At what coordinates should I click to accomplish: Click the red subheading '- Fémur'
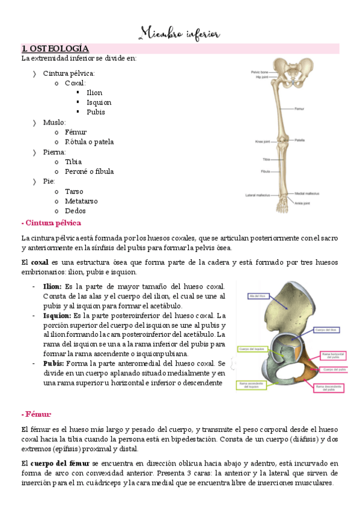pyautogui.click(x=36, y=414)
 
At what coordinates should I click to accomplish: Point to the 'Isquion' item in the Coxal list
pyautogui.click(x=99, y=102)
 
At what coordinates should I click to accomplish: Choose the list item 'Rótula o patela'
pyautogui.click(x=89, y=142)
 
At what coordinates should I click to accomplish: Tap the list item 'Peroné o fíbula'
pyautogui.click(x=89, y=171)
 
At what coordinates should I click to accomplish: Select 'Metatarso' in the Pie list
pyautogui.click(x=81, y=201)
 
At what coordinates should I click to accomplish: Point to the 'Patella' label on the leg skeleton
pyautogui.click(x=299, y=140)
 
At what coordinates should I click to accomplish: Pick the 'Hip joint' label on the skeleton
pyautogui.click(x=261, y=77)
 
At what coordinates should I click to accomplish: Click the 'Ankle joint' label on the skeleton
pyautogui.click(x=302, y=203)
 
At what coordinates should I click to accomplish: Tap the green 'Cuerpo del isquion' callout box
pyautogui.click(x=252, y=349)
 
